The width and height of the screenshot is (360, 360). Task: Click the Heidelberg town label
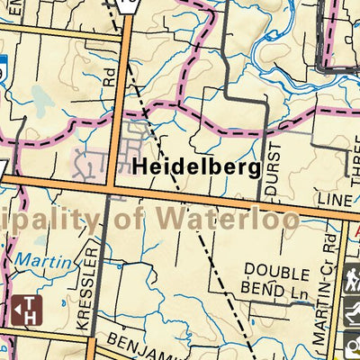click(x=196, y=166)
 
